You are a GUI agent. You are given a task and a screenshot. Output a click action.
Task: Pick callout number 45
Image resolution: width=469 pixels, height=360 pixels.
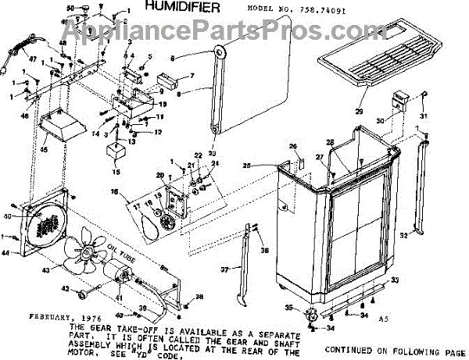click(44, 151)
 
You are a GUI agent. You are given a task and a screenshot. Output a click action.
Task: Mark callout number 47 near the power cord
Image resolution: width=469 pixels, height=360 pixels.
click(33, 59)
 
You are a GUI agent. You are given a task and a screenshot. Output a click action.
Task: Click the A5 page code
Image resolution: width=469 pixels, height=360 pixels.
click(383, 319)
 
